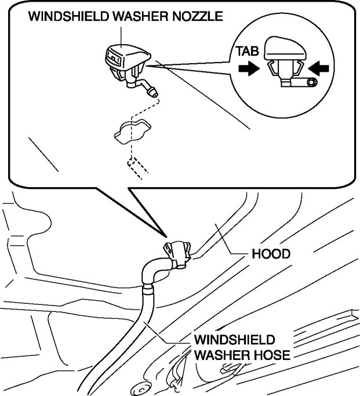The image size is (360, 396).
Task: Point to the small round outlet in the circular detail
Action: [311, 83]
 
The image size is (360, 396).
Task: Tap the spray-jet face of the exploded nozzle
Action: [114, 59]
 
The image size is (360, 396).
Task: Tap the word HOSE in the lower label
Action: [270, 354]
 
